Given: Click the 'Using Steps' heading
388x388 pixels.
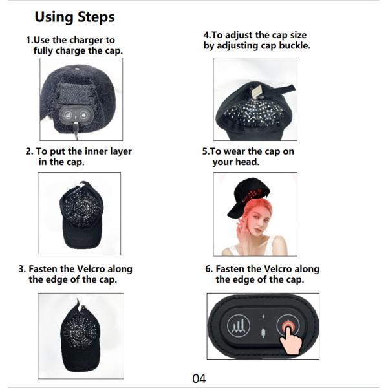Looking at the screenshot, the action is [x=74, y=17].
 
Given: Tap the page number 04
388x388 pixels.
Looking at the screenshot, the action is [x=199, y=378].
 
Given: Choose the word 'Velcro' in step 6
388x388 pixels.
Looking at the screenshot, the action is [x=278, y=269].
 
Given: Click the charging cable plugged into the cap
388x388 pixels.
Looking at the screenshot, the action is [x=76, y=131].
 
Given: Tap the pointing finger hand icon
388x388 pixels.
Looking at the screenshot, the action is [x=291, y=338].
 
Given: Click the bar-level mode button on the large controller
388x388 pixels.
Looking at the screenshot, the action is [x=238, y=326].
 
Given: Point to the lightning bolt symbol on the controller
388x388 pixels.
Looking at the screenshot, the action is [x=263, y=316].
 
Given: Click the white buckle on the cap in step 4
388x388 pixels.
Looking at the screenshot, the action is [x=256, y=92].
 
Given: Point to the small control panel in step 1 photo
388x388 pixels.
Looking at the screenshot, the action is [x=76, y=114].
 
